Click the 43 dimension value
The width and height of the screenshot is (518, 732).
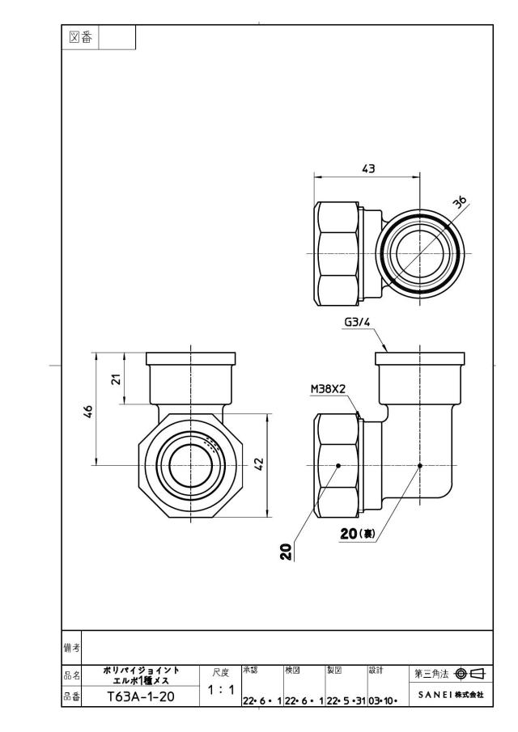tap(368, 168)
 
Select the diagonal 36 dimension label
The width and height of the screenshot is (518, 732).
tap(460, 201)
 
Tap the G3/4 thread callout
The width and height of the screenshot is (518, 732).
tap(357, 322)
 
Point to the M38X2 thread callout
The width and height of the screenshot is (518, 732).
tap(329, 389)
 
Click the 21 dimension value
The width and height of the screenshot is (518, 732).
tap(117, 379)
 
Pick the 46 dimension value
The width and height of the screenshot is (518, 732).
tap(88, 411)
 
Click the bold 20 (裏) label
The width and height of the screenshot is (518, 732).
tap(358, 533)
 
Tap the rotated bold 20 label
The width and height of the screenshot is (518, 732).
tap(287, 552)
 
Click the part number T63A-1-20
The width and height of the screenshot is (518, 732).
tap(141, 696)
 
